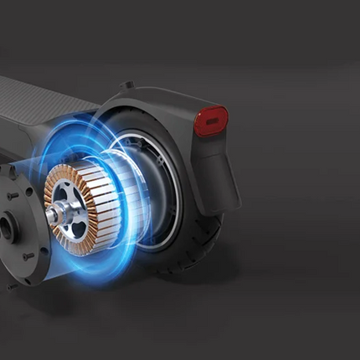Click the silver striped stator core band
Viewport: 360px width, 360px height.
click(110, 201)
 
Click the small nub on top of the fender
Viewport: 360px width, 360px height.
click(126, 85)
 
